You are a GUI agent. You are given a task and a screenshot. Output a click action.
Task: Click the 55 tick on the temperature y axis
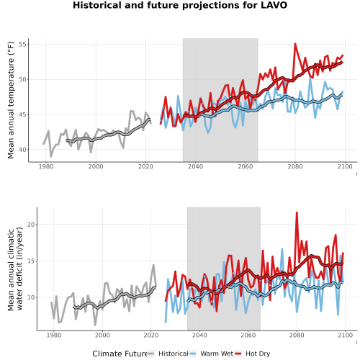click(x=24, y=45)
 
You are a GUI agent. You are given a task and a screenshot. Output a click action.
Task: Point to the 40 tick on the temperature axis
click(x=23, y=150)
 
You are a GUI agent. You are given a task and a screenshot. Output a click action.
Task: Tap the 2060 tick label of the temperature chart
click(x=246, y=166)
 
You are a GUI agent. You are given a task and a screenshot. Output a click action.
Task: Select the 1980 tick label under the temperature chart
click(x=46, y=166)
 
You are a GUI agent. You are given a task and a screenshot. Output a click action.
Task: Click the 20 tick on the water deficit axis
click(x=31, y=225)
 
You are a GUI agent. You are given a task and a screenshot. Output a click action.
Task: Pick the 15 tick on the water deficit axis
click(x=31, y=261)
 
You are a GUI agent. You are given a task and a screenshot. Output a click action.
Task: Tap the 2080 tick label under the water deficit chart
click(x=297, y=335)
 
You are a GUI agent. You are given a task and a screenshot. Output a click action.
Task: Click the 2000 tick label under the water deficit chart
click(x=102, y=335)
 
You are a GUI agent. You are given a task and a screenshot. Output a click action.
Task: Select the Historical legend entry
click(x=168, y=354)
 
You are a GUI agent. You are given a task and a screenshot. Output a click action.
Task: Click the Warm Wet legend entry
click(x=211, y=354)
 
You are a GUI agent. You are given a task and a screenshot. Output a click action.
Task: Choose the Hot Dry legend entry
click(x=252, y=354)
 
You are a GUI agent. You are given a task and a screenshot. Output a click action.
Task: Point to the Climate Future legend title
click(x=120, y=354)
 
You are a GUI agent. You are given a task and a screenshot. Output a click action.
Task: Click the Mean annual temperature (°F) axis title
click(x=11, y=100)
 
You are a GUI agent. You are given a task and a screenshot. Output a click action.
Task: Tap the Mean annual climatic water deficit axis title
click(x=15, y=269)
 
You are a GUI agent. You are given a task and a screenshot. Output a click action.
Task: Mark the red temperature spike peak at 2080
click(x=295, y=44)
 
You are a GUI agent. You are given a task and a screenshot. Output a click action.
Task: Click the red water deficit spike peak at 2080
click(x=297, y=212)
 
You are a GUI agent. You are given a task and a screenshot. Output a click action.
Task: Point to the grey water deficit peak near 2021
click(x=153, y=265)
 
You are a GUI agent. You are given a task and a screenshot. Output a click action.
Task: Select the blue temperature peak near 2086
click(x=310, y=78)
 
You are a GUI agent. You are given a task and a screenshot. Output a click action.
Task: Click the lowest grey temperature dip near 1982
click(x=51, y=156)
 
